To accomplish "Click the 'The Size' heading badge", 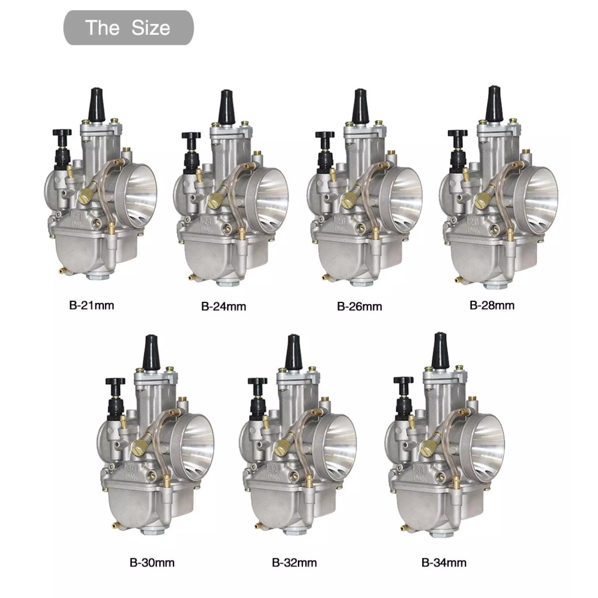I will [128, 27].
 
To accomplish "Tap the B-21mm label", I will [90, 305].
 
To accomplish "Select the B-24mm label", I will [223, 306].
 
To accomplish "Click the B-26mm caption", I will [359, 306].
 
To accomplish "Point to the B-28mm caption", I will [492, 305].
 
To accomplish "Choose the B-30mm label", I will [152, 563].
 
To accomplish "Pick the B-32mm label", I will [294, 563].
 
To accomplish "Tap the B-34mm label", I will [444, 563].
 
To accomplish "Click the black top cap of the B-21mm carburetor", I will [94, 104].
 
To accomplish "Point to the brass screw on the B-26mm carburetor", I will [349, 200].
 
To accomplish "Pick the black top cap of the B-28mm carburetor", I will [494, 102].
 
